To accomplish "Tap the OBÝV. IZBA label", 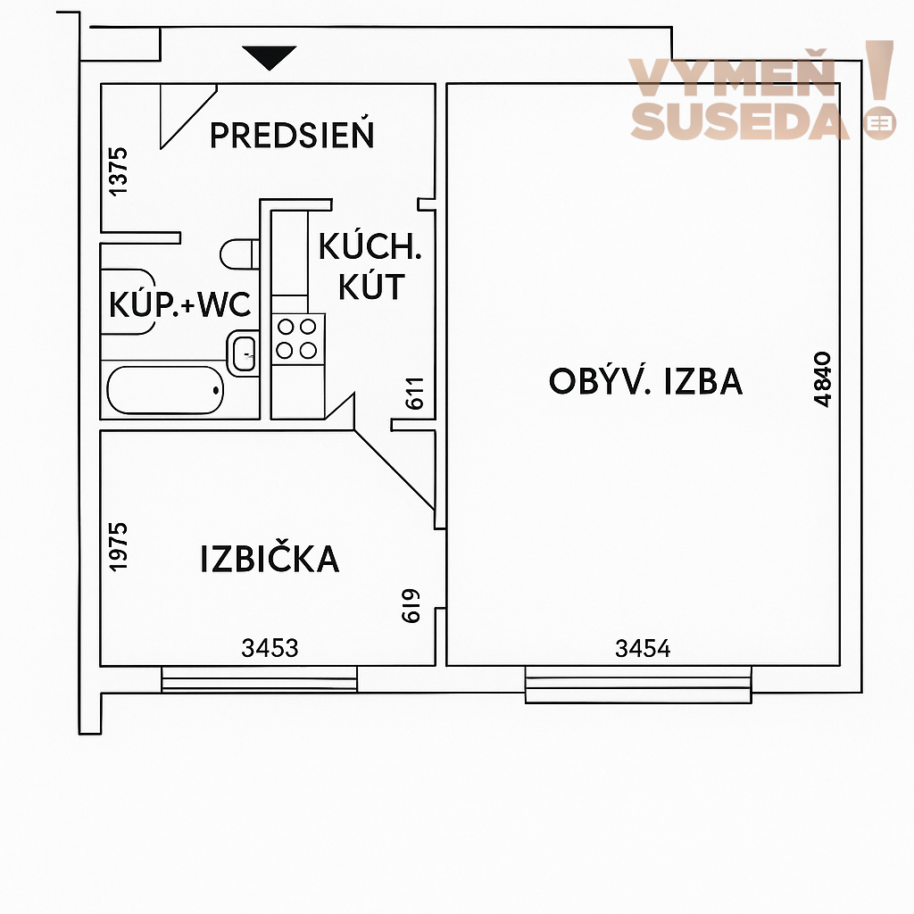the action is click(x=646, y=381).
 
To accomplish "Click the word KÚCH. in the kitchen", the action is click(x=370, y=246).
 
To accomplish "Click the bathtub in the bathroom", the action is click(x=165, y=390).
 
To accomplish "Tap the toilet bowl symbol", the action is click(x=239, y=253).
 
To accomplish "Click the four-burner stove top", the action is click(x=297, y=338).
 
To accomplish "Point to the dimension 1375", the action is click(x=118, y=171).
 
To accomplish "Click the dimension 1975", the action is click(x=118, y=547).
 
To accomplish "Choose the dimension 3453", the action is click(x=270, y=648).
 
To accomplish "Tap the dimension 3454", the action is click(x=643, y=648).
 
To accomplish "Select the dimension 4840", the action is click(x=822, y=378).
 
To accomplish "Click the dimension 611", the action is click(x=414, y=394).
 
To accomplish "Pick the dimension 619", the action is click(x=411, y=606).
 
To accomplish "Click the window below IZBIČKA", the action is click(x=260, y=679).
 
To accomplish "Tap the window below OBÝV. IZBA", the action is click(x=638, y=685).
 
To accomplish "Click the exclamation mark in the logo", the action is click(x=879, y=90).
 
